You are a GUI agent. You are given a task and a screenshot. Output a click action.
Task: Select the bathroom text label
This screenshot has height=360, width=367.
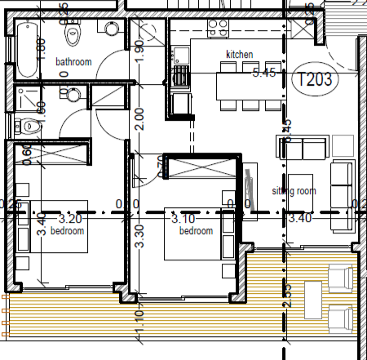(73, 62)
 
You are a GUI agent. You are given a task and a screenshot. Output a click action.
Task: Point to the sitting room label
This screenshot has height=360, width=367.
(293, 191)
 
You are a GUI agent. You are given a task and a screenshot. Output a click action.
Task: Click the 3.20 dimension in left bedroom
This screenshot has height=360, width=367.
(70, 219)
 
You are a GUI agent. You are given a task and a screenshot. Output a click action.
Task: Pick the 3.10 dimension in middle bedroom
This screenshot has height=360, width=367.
(183, 219)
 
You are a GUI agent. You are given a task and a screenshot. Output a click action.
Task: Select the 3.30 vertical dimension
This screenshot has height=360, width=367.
(138, 237)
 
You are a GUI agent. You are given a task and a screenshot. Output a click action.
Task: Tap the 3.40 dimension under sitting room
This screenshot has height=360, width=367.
(300, 219)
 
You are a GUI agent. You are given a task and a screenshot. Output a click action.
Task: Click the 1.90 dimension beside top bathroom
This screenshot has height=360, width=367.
(139, 51)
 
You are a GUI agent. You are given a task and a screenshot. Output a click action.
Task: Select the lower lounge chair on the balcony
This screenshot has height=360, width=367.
(339, 317)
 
